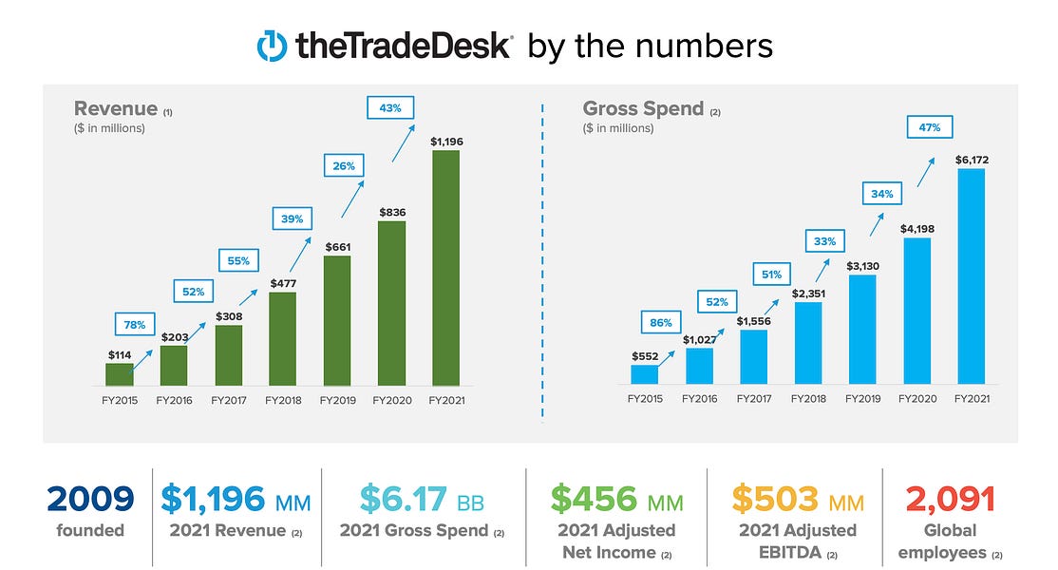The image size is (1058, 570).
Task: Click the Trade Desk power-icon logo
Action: pos(272,46)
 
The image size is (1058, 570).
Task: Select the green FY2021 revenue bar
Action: pos(446,268)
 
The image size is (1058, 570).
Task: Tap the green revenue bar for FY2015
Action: pos(120,374)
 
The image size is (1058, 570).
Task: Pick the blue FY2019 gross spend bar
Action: pos(862,330)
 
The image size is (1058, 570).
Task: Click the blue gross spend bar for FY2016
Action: pos(699,367)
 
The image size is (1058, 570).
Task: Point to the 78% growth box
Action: pos(135,325)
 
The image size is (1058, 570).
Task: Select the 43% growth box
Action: pos(390,108)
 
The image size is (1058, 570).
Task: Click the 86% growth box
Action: pos(661,322)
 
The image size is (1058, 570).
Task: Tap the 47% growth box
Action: pos(929,126)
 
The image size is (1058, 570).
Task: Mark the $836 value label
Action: pos(392,213)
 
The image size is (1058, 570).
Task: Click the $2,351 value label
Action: pos(808,294)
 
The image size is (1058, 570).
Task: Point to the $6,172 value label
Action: pos(972,160)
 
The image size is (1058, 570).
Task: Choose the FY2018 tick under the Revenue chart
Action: pos(283,400)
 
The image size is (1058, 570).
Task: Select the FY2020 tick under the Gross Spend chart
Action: pos(917,399)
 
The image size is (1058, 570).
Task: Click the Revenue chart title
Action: pos(115,108)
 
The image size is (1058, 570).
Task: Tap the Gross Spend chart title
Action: pos(643,108)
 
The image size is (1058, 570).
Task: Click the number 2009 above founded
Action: pos(90,499)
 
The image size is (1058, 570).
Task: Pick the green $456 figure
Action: pos(594,499)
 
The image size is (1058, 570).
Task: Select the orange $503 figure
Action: pos(775,499)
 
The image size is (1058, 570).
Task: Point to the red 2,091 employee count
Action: pos(951,500)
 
